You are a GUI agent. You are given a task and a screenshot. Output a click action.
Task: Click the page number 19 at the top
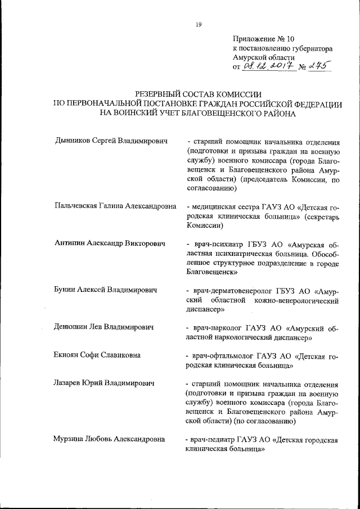199,24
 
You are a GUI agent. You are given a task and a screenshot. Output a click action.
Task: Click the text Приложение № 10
263,39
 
